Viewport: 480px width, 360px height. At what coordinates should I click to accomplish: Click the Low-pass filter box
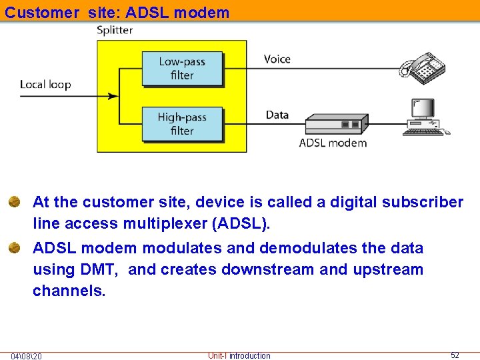tap(182, 69)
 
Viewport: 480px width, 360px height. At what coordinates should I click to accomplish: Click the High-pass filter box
tap(182, 123)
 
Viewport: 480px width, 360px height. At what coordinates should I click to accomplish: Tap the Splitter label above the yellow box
tap(115, 31)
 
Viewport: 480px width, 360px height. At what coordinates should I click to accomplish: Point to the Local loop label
tap(45, 85)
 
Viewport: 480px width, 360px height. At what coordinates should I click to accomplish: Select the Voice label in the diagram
tap(277, 59)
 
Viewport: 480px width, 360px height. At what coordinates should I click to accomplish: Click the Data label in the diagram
tap(277, 115)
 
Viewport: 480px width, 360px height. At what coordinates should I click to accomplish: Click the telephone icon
tap(422, 68)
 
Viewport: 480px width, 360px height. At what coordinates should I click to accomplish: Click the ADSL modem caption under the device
tap(333, 143)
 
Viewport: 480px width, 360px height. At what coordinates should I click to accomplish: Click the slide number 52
tap(455, 355)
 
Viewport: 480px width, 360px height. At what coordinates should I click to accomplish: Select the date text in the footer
tap(27, 356)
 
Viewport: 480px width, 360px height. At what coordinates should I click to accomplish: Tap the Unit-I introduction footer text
tap(239, 356)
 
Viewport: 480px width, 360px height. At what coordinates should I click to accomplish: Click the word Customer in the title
tap(42, 13)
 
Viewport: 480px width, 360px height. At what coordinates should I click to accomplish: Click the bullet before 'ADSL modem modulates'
tap(15, 248)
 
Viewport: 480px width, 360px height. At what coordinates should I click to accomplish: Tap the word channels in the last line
tap(69, 291)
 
